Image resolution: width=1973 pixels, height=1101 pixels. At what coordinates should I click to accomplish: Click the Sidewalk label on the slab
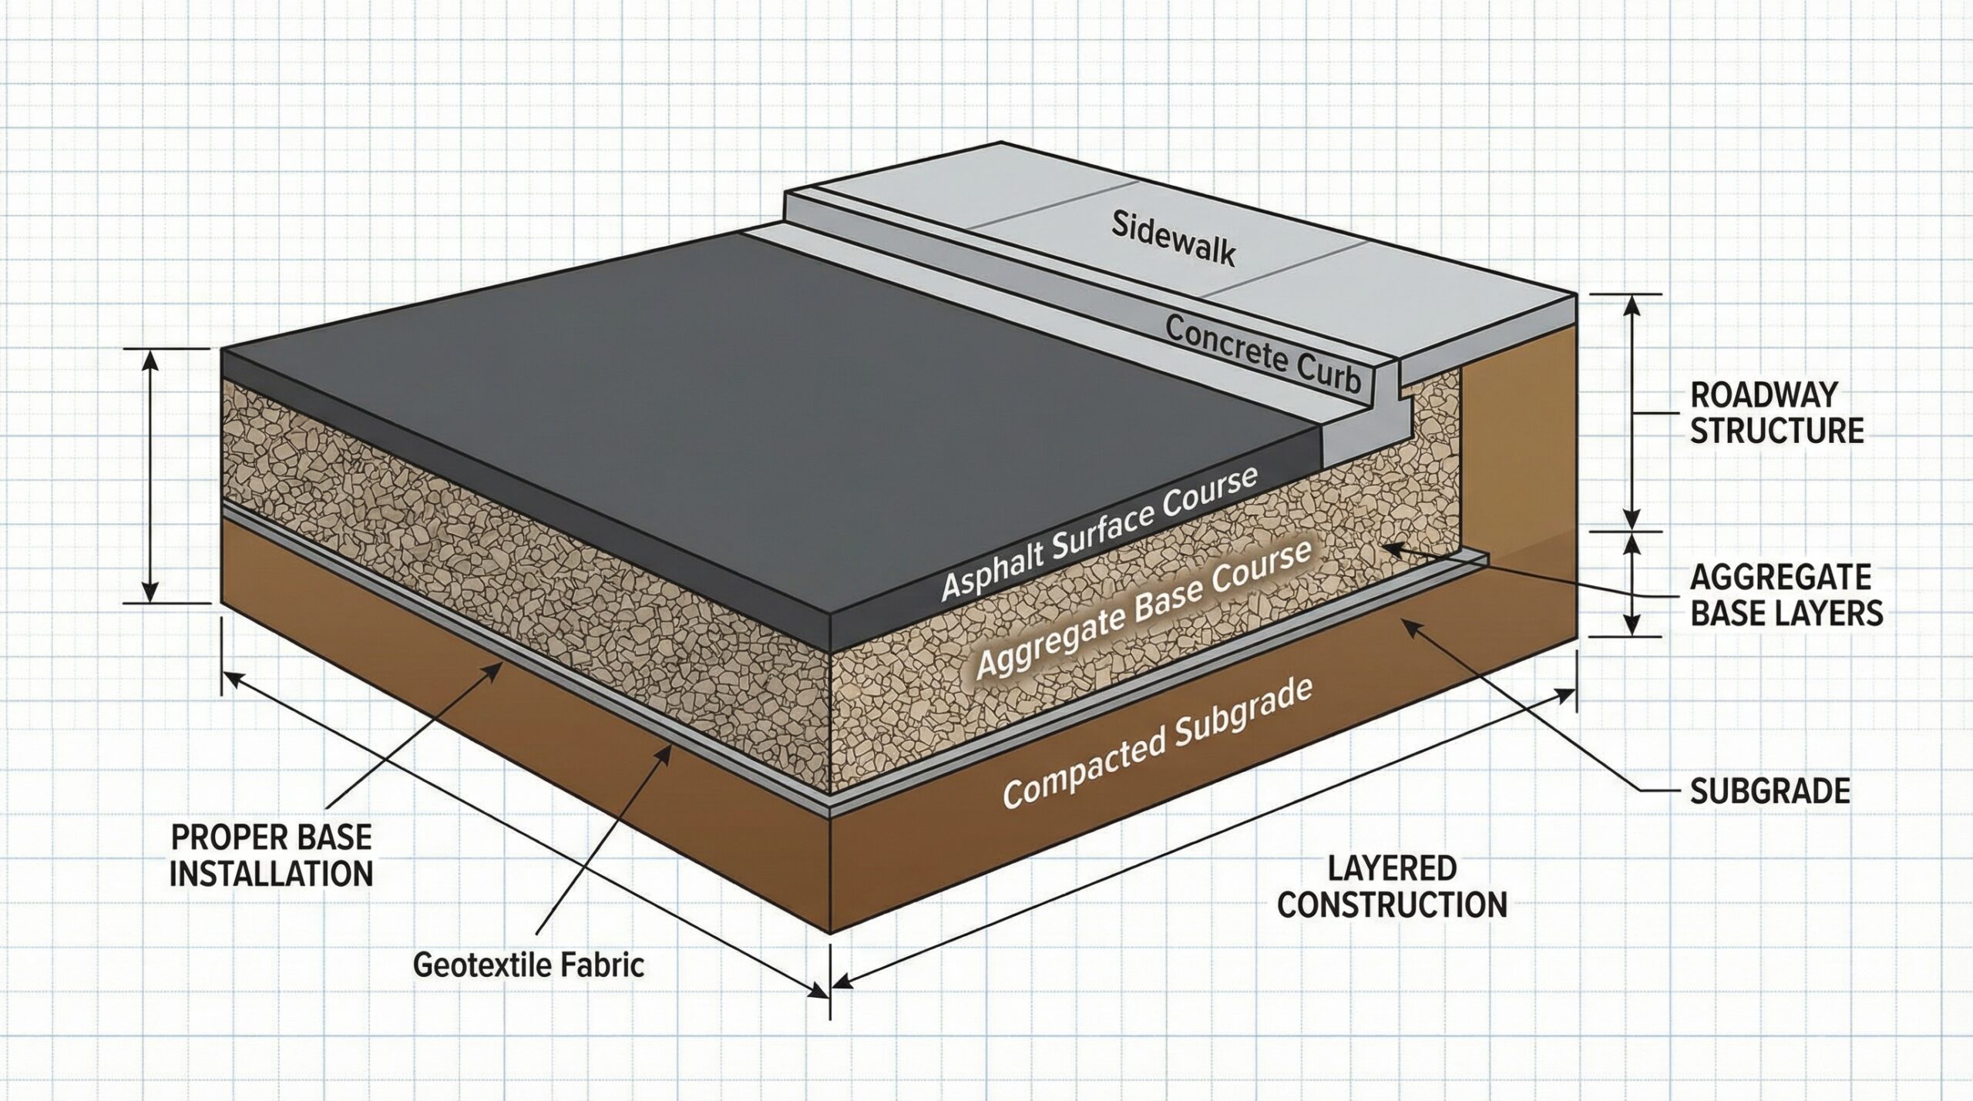coord(1173,238)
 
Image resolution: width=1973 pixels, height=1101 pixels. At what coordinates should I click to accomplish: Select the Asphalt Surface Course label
coord(1099,532)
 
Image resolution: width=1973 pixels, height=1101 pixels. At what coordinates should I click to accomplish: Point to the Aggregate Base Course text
coord(1144,610)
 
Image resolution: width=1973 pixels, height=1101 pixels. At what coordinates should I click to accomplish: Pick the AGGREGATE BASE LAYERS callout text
coord(1786,594)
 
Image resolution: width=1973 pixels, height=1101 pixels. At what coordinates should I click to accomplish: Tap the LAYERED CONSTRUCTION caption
coord(1392,887)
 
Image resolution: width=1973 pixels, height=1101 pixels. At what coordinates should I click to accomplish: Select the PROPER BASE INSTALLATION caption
coord(271,855)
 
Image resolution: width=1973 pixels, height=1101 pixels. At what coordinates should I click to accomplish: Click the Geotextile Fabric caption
coord(529,965)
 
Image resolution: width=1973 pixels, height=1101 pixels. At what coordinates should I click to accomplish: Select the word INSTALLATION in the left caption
coord(271,874)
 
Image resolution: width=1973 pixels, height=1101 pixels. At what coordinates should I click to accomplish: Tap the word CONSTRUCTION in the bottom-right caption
coord(1392,905)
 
